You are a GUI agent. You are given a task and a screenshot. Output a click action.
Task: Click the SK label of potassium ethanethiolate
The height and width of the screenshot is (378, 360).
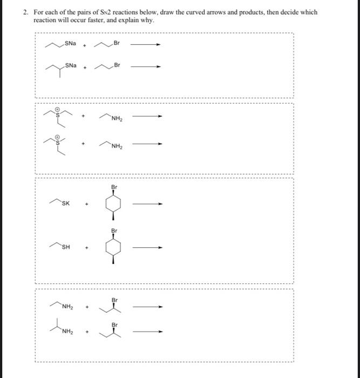click(x=65, y=204)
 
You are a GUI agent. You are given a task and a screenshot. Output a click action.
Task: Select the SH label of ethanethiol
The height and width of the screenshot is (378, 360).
click(x=65, y=248)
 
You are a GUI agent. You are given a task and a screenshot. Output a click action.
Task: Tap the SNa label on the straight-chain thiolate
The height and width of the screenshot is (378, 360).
click(x=70, y=43)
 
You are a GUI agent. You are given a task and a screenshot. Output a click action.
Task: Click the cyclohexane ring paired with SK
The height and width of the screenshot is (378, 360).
click(x=114, y=205)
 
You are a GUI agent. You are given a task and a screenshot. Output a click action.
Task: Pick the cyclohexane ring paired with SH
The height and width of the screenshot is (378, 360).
click(x=114, y=248)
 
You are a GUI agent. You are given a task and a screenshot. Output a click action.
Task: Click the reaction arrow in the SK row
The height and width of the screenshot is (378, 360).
click(x=147, y=205)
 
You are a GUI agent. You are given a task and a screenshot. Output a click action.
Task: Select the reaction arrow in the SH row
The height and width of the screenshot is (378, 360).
click(x=147, y=248)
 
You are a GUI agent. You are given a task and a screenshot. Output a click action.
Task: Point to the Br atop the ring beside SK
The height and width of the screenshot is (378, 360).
click(x=114, y=187)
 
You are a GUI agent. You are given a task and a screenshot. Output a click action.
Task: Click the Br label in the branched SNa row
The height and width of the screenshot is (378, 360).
click(x=116, y=66)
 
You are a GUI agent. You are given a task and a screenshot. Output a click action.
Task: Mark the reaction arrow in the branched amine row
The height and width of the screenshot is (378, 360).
click(x=147, y=332)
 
